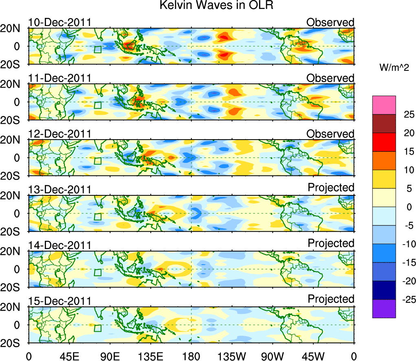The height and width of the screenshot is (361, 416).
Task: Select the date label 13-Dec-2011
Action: pos(59,190)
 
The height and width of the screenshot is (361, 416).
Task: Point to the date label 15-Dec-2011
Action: pos(59,301)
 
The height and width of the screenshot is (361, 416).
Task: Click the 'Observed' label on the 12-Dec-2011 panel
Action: pos(330,134)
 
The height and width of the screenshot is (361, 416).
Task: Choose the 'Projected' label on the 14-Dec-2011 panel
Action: pos(331,243)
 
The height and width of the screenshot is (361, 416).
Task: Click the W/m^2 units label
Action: pos(394,68)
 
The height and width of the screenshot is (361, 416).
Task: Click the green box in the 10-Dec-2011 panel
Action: pos(97,50)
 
